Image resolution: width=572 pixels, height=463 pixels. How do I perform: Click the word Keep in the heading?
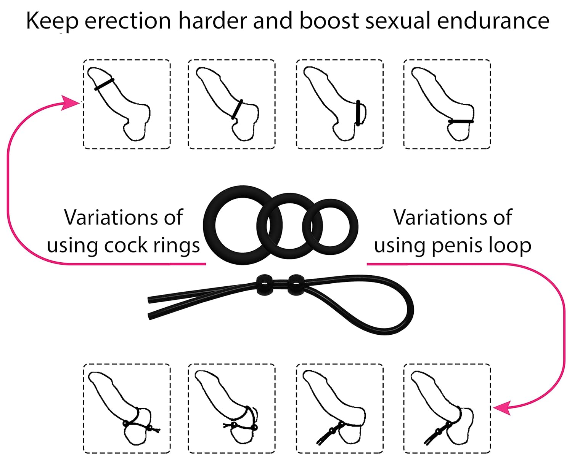[x=52, y=21]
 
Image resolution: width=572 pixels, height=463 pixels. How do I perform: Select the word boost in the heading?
[x=329, y=21]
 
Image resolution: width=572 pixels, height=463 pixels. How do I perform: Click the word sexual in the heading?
[x=398, y=21]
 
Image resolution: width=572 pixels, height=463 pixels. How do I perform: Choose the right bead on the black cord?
[x=296, y=285]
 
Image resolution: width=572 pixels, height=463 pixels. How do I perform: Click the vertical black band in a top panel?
[x=358, y=113]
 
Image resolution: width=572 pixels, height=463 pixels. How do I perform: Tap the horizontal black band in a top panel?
[x=461, y=121]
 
